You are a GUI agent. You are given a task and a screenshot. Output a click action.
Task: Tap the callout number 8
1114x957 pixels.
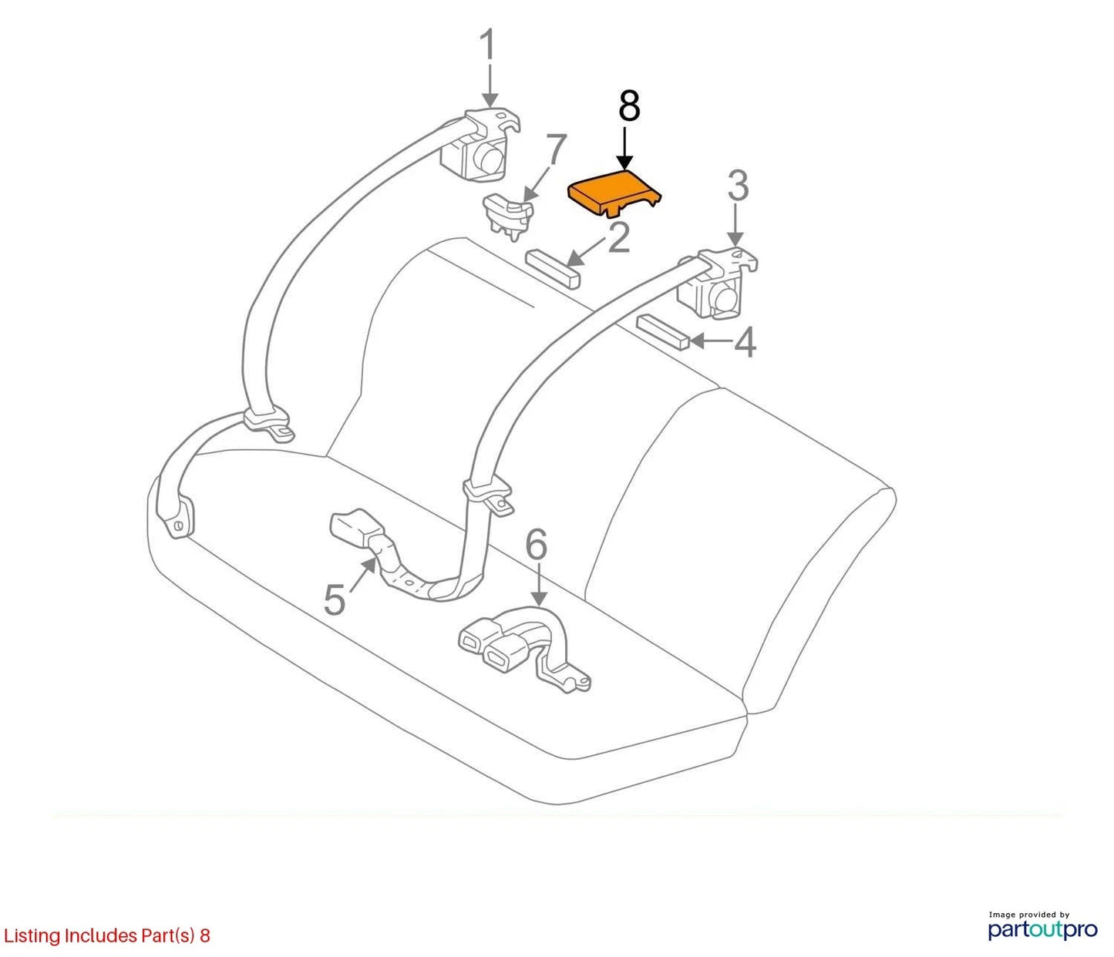point(629,106)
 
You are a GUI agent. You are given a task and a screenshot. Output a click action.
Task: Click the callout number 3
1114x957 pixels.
point(738,186)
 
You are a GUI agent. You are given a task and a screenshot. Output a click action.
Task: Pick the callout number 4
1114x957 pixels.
point(745,342)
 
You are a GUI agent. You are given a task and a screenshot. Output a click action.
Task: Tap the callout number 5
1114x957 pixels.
point(334,600)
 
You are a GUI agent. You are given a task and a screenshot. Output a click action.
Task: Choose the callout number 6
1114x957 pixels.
point(536,544)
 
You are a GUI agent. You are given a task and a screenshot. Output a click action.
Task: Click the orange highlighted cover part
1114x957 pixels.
point(615,193)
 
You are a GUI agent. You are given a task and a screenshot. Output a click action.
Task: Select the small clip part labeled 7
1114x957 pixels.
point(508,216)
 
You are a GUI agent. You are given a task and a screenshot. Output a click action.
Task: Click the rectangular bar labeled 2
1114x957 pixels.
point(552,269)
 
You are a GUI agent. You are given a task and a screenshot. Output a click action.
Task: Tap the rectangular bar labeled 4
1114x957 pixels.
point(663,333)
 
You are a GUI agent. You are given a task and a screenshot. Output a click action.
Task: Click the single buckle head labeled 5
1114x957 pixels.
point(350,525)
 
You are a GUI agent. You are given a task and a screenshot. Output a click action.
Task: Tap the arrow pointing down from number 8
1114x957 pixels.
point(625,149)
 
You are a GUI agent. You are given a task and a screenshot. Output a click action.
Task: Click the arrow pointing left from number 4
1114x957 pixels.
point(712,341)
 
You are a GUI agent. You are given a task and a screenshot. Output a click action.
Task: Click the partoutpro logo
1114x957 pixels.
point(1043,929)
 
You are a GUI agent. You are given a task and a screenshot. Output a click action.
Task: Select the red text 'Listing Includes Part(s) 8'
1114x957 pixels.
point(106,935)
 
